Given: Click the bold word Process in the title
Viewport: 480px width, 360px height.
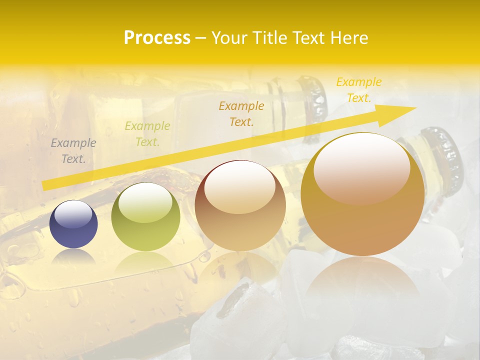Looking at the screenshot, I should pyautogui.click(x=157, y=38).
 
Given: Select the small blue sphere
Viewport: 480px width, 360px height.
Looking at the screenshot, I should pyautogui.click(x=73, y=224).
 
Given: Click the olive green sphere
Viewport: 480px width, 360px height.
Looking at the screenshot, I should pyautogui.click(x=145, y=217).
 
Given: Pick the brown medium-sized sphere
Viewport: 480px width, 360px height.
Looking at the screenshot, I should pyautogui.click(x=240, y=206).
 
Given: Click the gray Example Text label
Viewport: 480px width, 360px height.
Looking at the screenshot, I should pyautogui.click(x=73, y=151).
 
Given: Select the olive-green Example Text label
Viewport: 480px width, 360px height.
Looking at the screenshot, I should pyautogui.click(x=147, y=134).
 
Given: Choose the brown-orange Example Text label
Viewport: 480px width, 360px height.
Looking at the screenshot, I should pyautogui.click(x=241, y=113).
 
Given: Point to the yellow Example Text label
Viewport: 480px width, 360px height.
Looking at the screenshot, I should pyautogui.click(x=359, y=90).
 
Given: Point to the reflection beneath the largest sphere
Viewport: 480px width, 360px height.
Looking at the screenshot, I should pyautogui.click(x=362, y=280).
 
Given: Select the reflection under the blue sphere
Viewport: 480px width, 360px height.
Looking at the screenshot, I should pyautogui.click(x=73, y=256).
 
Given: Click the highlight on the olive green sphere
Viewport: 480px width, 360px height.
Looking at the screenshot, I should pyautogui.click(x=145, y=202).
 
